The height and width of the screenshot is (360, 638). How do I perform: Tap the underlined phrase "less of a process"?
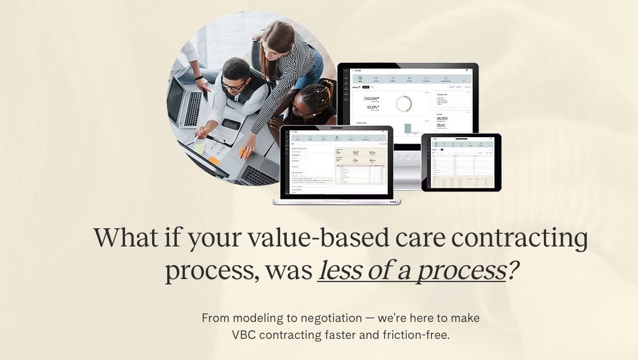click(411, 271)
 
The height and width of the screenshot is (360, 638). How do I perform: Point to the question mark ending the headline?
click(512, 271)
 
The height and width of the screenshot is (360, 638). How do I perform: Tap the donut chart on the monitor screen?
click(404, 104)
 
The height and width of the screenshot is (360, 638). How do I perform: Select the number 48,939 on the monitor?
click(445, 118)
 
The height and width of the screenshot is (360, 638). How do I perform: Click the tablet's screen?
click(462, 162)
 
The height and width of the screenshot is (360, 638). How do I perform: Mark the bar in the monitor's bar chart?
click(408, 128)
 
